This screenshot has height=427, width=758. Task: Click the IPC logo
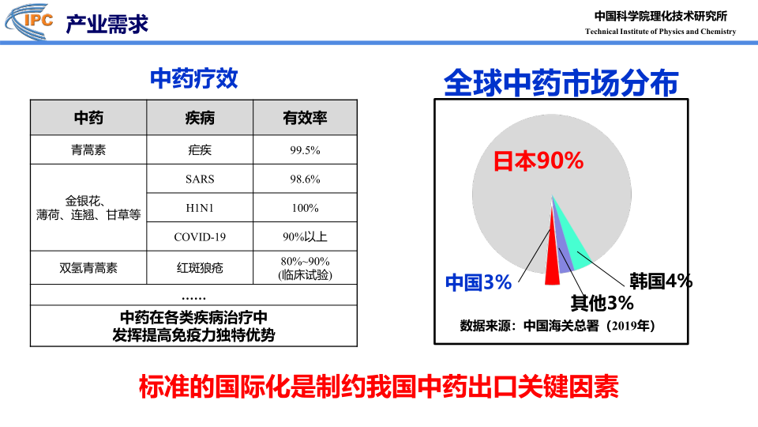tap(29, 21)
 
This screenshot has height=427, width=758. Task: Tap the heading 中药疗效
tap(194, 78)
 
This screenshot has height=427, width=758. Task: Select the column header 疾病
tap(200, 118)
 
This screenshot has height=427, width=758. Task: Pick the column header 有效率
tap(305, 118)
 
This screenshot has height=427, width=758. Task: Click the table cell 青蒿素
tap(88, 150)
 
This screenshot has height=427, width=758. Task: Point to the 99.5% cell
tap(305, 150)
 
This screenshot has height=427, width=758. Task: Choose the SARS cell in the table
tap(200, 179)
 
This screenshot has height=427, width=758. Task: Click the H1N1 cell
tap(200, 208)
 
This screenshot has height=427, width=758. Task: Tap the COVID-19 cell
tap(200, 236)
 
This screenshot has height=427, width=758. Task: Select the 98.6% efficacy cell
tap(305, 179)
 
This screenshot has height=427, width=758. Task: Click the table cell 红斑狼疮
tap(200, 268)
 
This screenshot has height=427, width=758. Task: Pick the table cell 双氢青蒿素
tap(88, 268)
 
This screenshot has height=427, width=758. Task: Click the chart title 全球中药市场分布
tap(561, 83)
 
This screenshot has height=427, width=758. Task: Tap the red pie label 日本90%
tap(538, 161)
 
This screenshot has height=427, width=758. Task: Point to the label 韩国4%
tap(661, 281)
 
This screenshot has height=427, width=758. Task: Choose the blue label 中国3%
tap(478, 282)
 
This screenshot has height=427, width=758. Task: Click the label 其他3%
tap(602, 303)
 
